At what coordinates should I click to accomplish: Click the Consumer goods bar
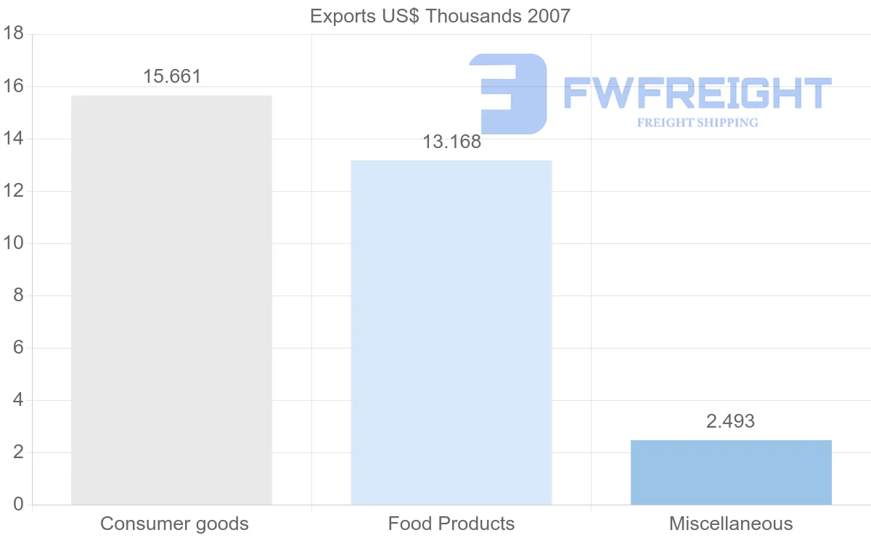(171, 300)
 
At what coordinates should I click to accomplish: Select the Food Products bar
(451, 332)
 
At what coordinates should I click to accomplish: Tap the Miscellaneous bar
(731, 472)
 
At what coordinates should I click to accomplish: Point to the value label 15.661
(171, 76)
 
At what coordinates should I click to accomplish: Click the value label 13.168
(451, 142)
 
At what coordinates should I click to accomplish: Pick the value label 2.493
(730, 421)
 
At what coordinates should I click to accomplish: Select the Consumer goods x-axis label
(174, 524)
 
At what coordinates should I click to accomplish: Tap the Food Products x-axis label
(451, 524)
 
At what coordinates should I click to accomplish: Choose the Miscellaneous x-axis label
(731, 524)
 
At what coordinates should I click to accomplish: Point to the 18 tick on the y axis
(15, 34)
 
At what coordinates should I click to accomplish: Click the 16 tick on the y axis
(15, 86)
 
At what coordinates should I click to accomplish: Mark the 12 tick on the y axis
(15, 191)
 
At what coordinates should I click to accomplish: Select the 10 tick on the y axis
(15, 243)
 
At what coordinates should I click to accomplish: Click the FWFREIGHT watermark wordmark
(697, 93)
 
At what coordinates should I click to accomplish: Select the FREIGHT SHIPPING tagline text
(697, 123)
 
